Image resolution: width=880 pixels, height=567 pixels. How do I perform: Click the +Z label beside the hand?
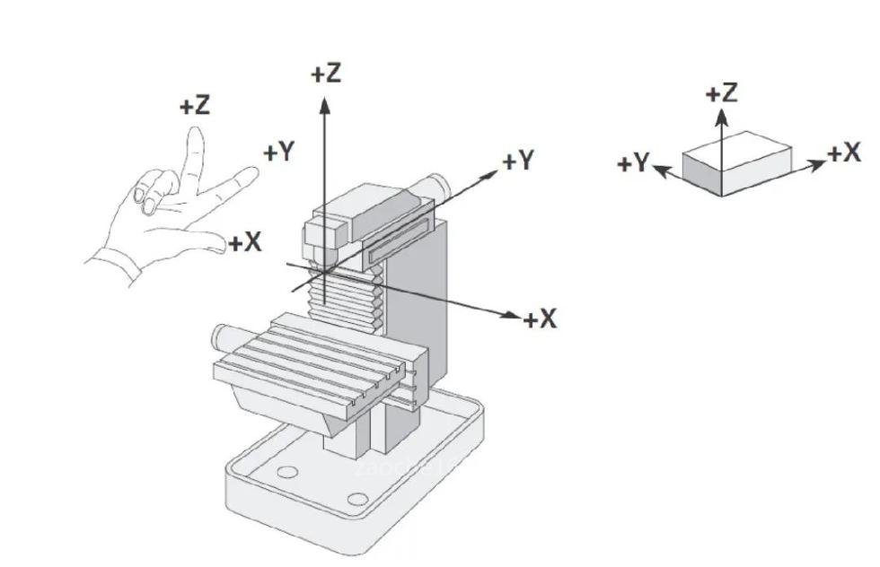[195, 106]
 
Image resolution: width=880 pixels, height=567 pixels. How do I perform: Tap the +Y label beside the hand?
[278, 153]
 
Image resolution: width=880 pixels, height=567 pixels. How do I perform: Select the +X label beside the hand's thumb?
[244, 242]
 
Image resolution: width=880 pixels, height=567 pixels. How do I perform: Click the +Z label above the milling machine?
[326, 73]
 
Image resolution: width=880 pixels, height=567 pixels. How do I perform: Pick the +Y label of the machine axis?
[518, 161]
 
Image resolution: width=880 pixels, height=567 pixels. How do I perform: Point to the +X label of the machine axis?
[541, 318]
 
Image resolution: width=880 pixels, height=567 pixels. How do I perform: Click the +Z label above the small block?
[721, 92]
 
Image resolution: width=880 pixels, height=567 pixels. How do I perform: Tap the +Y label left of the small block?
[633, 163]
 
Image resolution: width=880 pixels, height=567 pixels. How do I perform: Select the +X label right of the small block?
[844, 153]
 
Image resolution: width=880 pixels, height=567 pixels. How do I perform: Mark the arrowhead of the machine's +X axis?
[514, 316]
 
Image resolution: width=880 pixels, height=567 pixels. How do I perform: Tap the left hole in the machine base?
[287, 472]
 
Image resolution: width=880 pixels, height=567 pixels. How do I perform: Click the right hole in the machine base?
[357, 499]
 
